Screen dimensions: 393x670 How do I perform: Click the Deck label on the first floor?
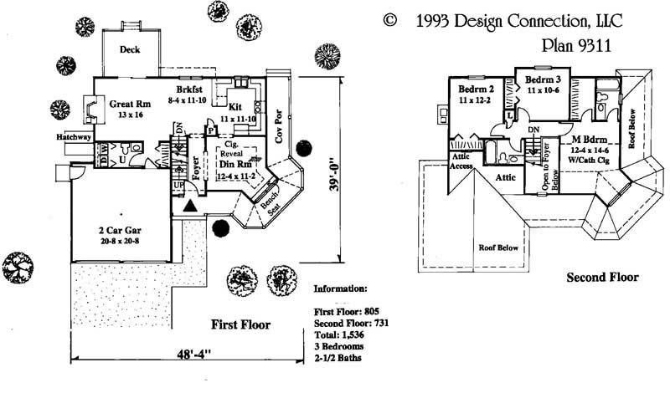[130, 49]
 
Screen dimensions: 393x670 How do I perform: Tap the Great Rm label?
[130, 105]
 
